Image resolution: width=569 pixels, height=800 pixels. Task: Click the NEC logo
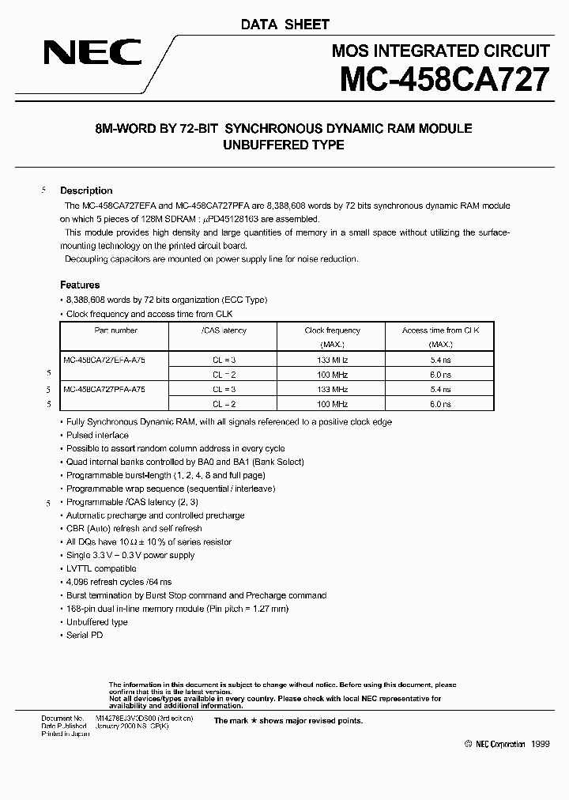pyautogui.click(x=92, y=54)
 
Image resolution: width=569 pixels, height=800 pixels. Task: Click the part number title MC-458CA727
pyautogui.click(x=445, y=81)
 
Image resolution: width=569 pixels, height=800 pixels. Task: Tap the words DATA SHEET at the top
pyautogui.click(x=284, y=25)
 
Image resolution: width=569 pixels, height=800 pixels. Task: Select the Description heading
pyautogui.click(x=86, y=191)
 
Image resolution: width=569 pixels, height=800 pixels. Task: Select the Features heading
pyautogui.click(x=80, y=285)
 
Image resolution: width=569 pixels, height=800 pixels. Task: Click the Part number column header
pyautogui.click(x=115, y=330)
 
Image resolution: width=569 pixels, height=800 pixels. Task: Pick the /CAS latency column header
pyautogui.click(x=224, y=330)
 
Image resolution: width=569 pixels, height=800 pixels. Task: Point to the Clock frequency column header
pyautogui.click(x=332, y=330)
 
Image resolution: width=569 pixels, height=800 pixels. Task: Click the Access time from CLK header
pyautogui.click(x=440, y=330)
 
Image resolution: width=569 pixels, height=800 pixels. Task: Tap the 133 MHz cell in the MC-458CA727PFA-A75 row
pyautogui.click(x=332, y=389)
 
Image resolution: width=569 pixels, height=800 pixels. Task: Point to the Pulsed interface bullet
pyautogui.click(x=97, y=435)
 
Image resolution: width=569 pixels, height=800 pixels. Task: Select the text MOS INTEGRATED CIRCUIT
pyautogui.click(x=440, y=51)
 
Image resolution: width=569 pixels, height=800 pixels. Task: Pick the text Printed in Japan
pyautogui.click(x=66, y=734)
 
